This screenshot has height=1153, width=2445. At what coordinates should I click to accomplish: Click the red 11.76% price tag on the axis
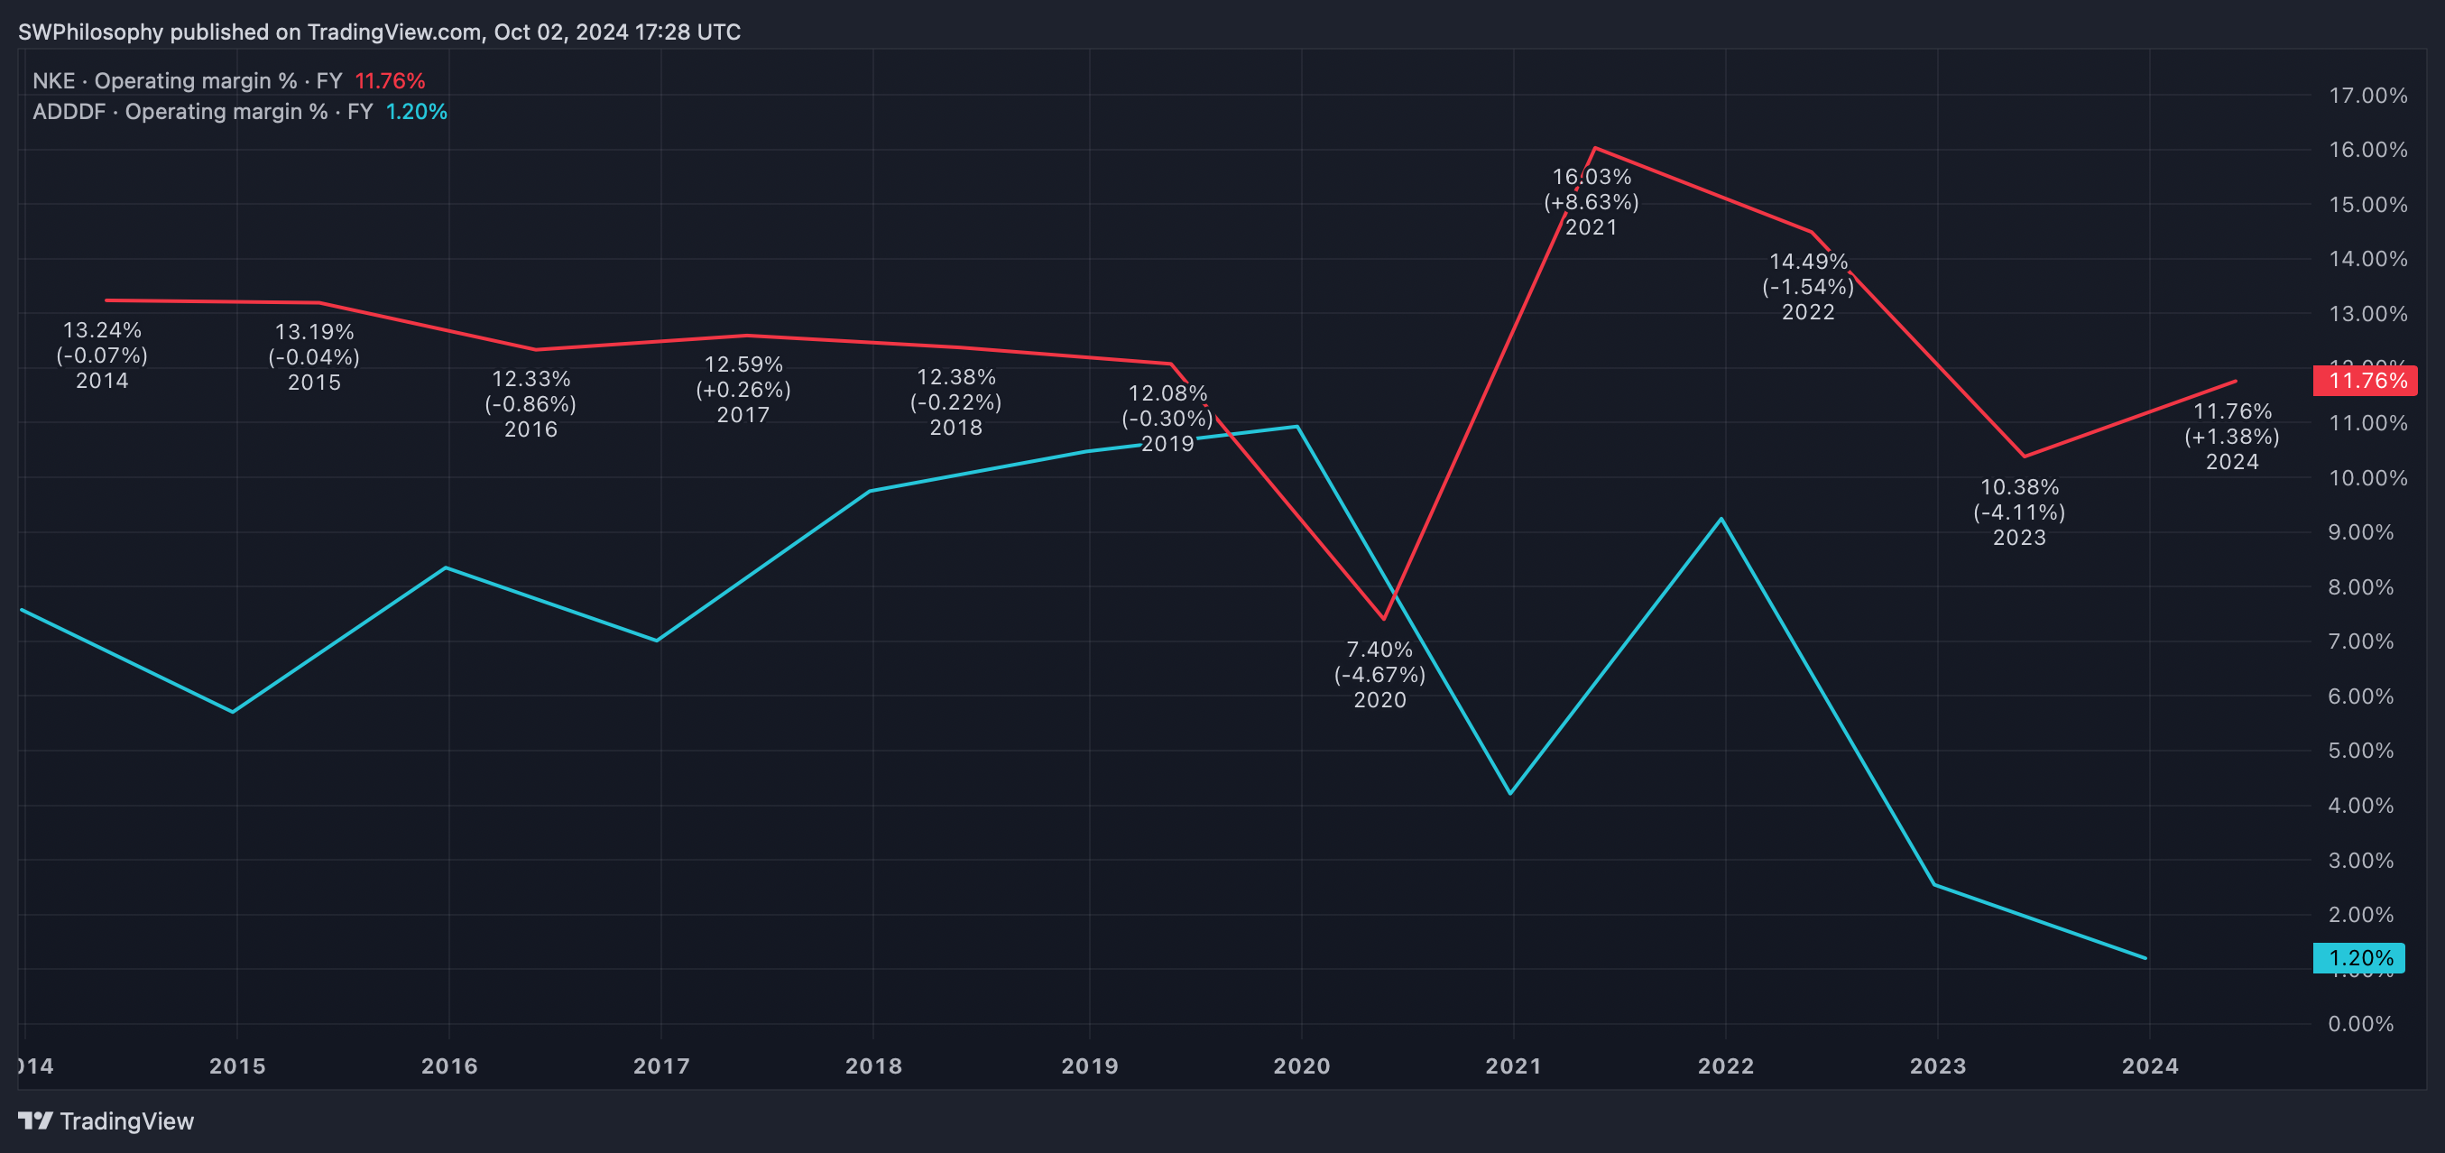(x=2365, y=381)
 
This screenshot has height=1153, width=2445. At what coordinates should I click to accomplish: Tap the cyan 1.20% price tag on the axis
(x=2358, y=957)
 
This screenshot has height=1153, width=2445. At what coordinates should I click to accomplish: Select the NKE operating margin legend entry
(x=227, y=80)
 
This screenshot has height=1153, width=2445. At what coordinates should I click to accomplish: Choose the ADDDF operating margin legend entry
(x=239, y=111)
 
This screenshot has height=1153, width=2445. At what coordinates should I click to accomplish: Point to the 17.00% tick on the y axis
(x=2367, y=95)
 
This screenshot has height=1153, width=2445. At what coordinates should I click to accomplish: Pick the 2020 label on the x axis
(x=1301, y=1065)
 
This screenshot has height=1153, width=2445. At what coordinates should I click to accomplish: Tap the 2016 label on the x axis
(x=449, y=1065)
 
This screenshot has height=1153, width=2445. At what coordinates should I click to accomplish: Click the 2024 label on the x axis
(x=2150, y=1065)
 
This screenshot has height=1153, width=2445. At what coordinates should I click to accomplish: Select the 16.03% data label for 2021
(x=1592, y=178)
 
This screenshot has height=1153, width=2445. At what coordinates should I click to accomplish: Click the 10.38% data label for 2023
(x=2019, y=488)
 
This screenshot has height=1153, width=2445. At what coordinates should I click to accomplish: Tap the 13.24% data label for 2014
(x=102, y=330)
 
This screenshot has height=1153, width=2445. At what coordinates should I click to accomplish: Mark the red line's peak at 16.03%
(x=1594, y=148)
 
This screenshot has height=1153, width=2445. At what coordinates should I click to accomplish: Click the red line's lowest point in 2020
(x=1384, y=619)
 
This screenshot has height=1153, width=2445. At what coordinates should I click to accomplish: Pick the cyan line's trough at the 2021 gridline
(x=1510, y=793)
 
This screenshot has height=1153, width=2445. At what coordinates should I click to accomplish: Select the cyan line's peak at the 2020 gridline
(x=1297, y=426)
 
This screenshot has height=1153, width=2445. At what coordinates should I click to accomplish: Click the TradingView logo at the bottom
(x=106, y=1121)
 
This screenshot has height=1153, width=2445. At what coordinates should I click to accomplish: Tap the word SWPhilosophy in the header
(x=91, y=32)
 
